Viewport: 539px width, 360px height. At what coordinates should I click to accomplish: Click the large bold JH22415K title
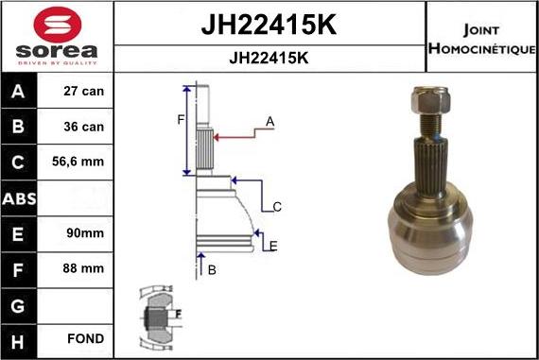pos(269,23)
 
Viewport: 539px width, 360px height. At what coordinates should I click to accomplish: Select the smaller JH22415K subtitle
pos(269,57)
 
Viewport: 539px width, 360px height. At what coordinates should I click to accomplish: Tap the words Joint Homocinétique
pos(482,38)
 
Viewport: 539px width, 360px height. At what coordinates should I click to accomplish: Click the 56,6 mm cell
pos(79,163)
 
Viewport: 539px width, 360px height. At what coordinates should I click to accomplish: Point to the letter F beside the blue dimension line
pos(181,120)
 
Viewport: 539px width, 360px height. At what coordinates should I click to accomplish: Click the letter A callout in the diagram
pos(269,122)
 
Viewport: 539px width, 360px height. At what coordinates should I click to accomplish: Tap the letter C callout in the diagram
pos(277,207)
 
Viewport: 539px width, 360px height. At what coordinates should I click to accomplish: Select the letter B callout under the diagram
pos(212,270)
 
